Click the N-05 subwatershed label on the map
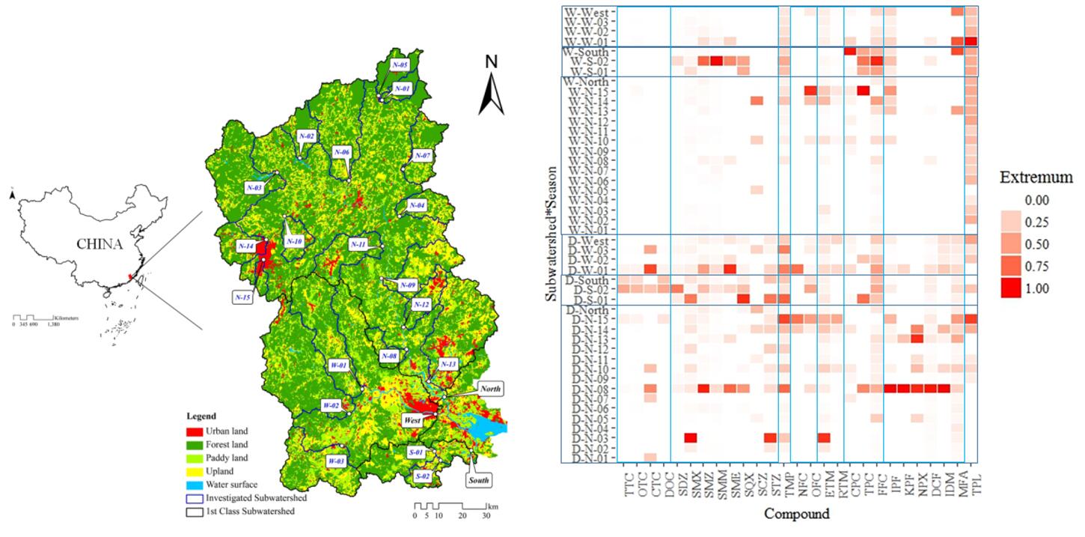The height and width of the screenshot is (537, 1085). [x=400, y=65]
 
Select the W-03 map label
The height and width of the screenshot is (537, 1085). [x=334, y=461]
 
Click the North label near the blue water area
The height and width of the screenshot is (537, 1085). [x=489, y=388]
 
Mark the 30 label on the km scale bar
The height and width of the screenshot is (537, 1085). [x=486, y=516]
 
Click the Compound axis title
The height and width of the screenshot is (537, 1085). [x=797, y=515]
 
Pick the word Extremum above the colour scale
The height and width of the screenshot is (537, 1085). [x=1036, y=178]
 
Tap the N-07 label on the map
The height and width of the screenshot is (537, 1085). [x=423, y=156]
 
